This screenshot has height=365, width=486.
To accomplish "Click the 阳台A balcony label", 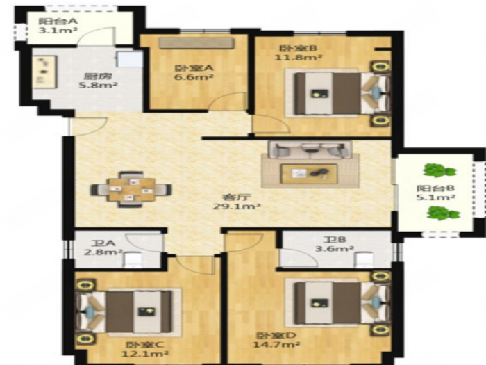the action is click(x=58, y=22).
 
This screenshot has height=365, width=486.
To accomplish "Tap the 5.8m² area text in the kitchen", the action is click(x=98, y=85).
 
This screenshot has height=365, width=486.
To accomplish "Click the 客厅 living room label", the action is click(x=236, y=197).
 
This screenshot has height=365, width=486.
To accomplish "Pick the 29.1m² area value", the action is click(x=236, y=206).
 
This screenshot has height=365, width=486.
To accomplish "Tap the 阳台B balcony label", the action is click(x=435, y=188).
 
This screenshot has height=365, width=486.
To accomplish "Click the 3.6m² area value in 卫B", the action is click(x=335, y=249).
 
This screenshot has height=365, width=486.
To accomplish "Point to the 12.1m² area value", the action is click(x=144, y=354).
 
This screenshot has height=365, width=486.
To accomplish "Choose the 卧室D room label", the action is click(x=276, y=336).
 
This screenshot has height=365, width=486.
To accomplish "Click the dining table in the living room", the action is click(x=131, y=189).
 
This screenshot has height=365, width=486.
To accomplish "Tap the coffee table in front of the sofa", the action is click(x=308, y=171).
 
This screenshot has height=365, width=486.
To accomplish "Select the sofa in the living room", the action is click(x=310, y=149).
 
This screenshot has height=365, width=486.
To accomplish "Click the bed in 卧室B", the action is click(x=341, y=93).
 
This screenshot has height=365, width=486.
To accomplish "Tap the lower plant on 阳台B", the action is click(x=443, y=213).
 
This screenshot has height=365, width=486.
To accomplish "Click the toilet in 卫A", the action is click(x=133, y=259).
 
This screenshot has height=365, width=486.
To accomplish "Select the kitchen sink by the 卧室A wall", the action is click(x=130, y=59).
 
